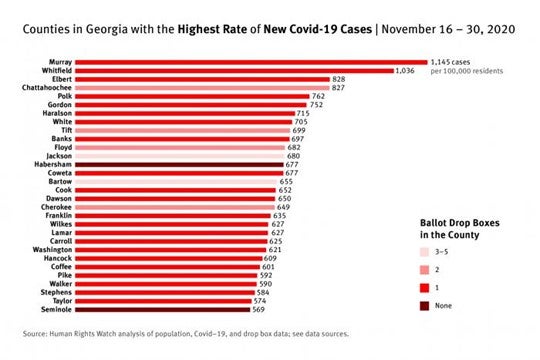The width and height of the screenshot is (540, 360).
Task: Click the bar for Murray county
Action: click(x=250, y=62)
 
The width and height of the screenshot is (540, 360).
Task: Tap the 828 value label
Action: click(x=339, y=79)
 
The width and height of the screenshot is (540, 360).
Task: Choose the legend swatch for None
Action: click(x=423, y=305)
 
